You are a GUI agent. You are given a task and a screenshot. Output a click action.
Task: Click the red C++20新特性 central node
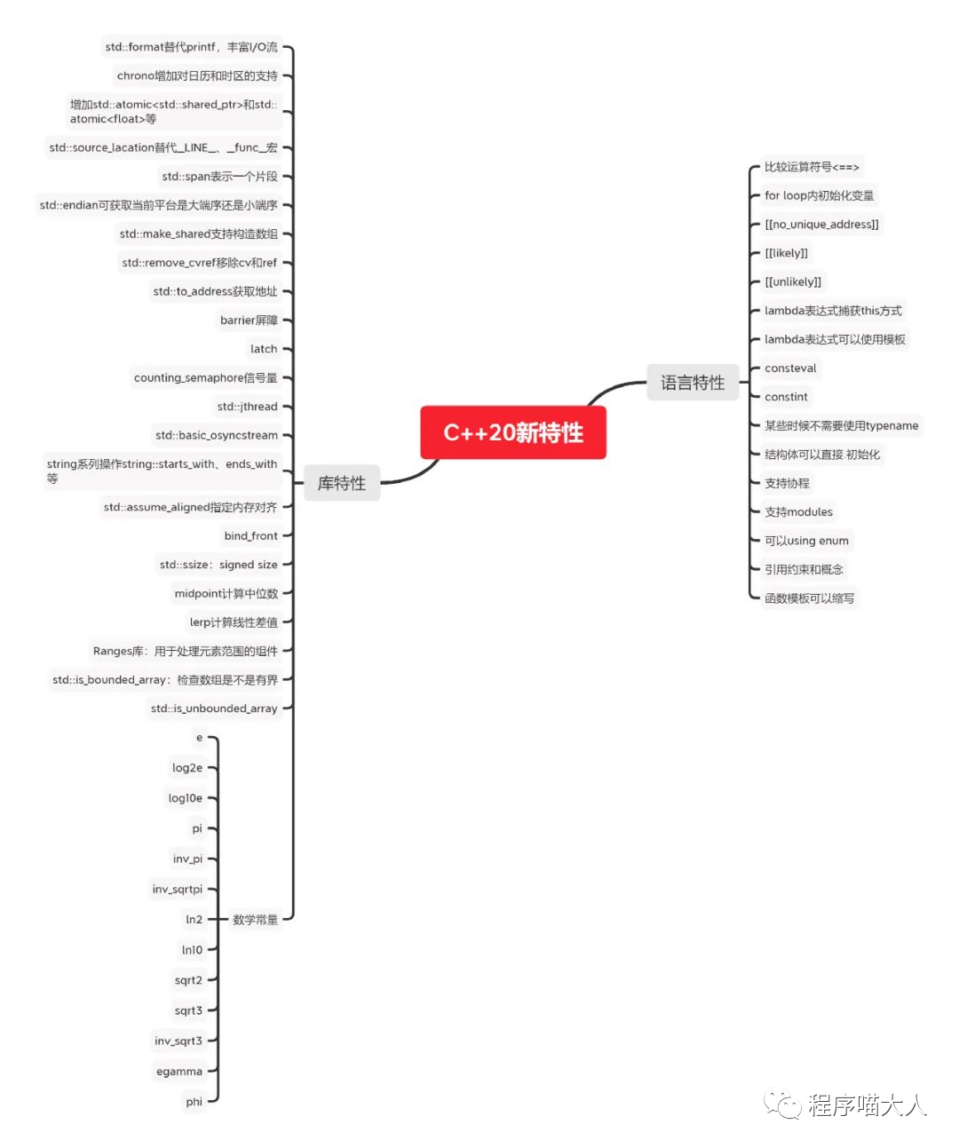pyautogui.click(x=513, y=432)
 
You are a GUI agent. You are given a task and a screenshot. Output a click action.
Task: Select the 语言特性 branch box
pyautogui.click(x=693, y=383)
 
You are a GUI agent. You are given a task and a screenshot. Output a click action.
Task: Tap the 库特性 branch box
pyautogui.click(x=342, y=483)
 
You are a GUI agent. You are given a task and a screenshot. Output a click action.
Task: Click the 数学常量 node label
pyautogui.click(x=255, y=920)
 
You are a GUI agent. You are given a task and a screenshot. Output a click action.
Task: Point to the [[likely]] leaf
pyautogui.click(x=787, y=253)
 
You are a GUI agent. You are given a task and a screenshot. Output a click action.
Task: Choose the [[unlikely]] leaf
pyautogui.click(x=793, y=281)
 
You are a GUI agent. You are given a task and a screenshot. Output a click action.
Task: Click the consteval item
pyautogui.click(x=790, y=368)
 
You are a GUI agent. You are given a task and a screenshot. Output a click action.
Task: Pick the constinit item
pyautogui.click(x=786, y=397)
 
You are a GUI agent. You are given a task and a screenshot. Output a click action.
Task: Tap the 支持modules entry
pyautogui.click(x=798, y=512)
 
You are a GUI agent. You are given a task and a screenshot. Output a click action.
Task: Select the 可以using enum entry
pyautogui.click(x=806, y=541)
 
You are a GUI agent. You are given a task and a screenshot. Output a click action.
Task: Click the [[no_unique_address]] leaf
pyautogui.click(x=821, y=225)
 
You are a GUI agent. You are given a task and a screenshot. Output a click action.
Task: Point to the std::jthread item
pyautogui.click(x=247, y=407)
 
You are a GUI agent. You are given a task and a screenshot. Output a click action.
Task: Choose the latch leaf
pyautogui.click(x=264, y=349)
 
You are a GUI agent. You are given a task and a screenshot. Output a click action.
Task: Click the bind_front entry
pyautogui.click(x=250, y=536)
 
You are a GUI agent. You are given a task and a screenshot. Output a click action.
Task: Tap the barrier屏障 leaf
pyautogui.click(x=249, y=321)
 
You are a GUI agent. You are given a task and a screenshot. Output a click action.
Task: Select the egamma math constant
pyautogui.click(x=179, y=1072)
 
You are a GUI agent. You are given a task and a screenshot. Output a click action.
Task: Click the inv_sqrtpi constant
pyautogui.click(x=178, y=889)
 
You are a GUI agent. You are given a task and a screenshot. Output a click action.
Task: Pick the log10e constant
pyautogui.click(x=186, y=798)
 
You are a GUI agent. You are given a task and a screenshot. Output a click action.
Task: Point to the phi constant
pyautogui.click(x=194, y=1102)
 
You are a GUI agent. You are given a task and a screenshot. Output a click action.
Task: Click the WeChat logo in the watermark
pyautogui.click(x=782, y=1104)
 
